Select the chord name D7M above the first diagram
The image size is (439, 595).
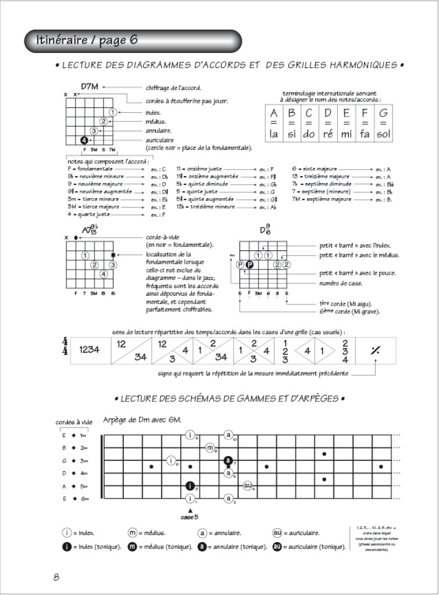tap(90, 87)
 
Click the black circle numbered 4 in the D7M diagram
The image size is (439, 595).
tap(84, 140)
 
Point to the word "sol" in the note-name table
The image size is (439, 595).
tap(382, 135)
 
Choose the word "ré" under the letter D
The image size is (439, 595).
tap(328, 135)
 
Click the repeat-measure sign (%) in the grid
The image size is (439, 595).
tap(376, 350)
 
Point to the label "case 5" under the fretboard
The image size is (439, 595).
tap(190, 516)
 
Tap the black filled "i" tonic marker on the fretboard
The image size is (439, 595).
tap(190, 486)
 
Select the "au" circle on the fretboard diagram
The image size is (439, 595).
tap(248, 486)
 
